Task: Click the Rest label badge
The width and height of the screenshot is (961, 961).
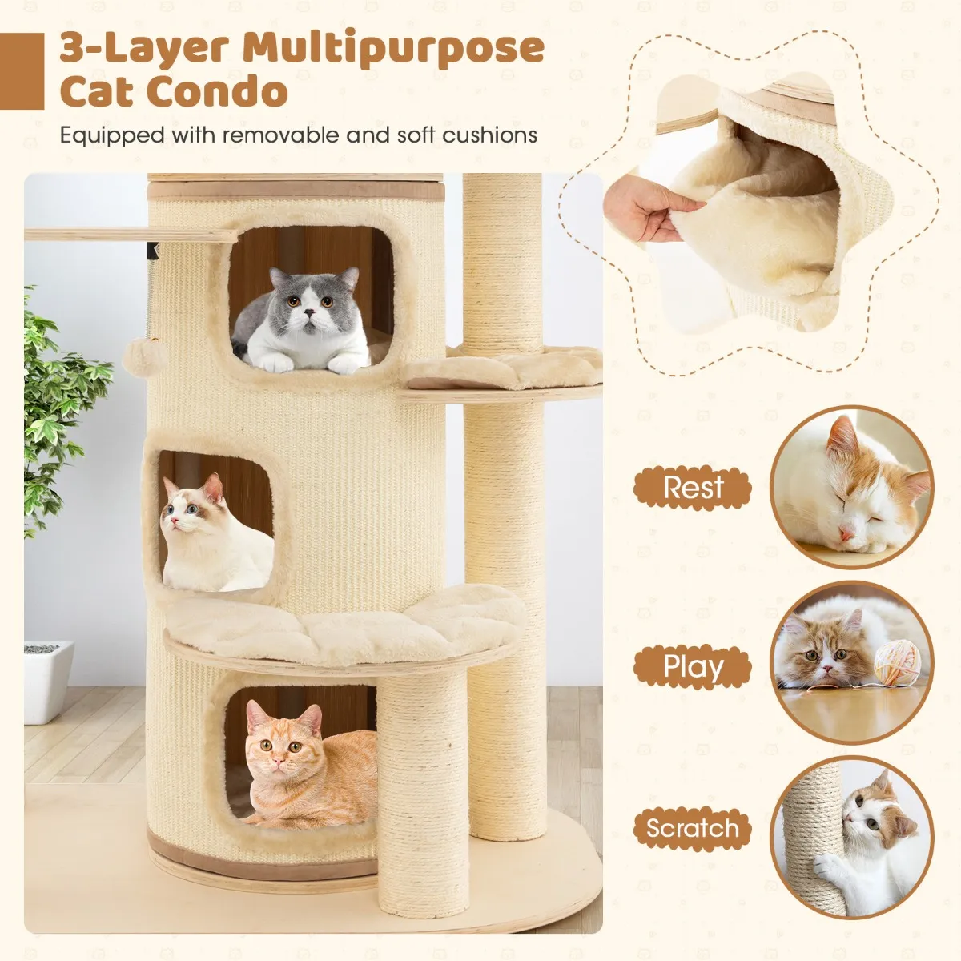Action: point(692,487)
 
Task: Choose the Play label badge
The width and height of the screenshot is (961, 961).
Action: point(692,666)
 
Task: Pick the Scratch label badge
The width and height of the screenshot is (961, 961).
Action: point(692,829)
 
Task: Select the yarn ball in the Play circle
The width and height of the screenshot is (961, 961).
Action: point(897,664)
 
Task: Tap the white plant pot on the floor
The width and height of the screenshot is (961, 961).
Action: point(48,682)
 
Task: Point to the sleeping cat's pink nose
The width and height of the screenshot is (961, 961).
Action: point(846,534)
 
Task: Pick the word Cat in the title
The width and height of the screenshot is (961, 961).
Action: point(97,90)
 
